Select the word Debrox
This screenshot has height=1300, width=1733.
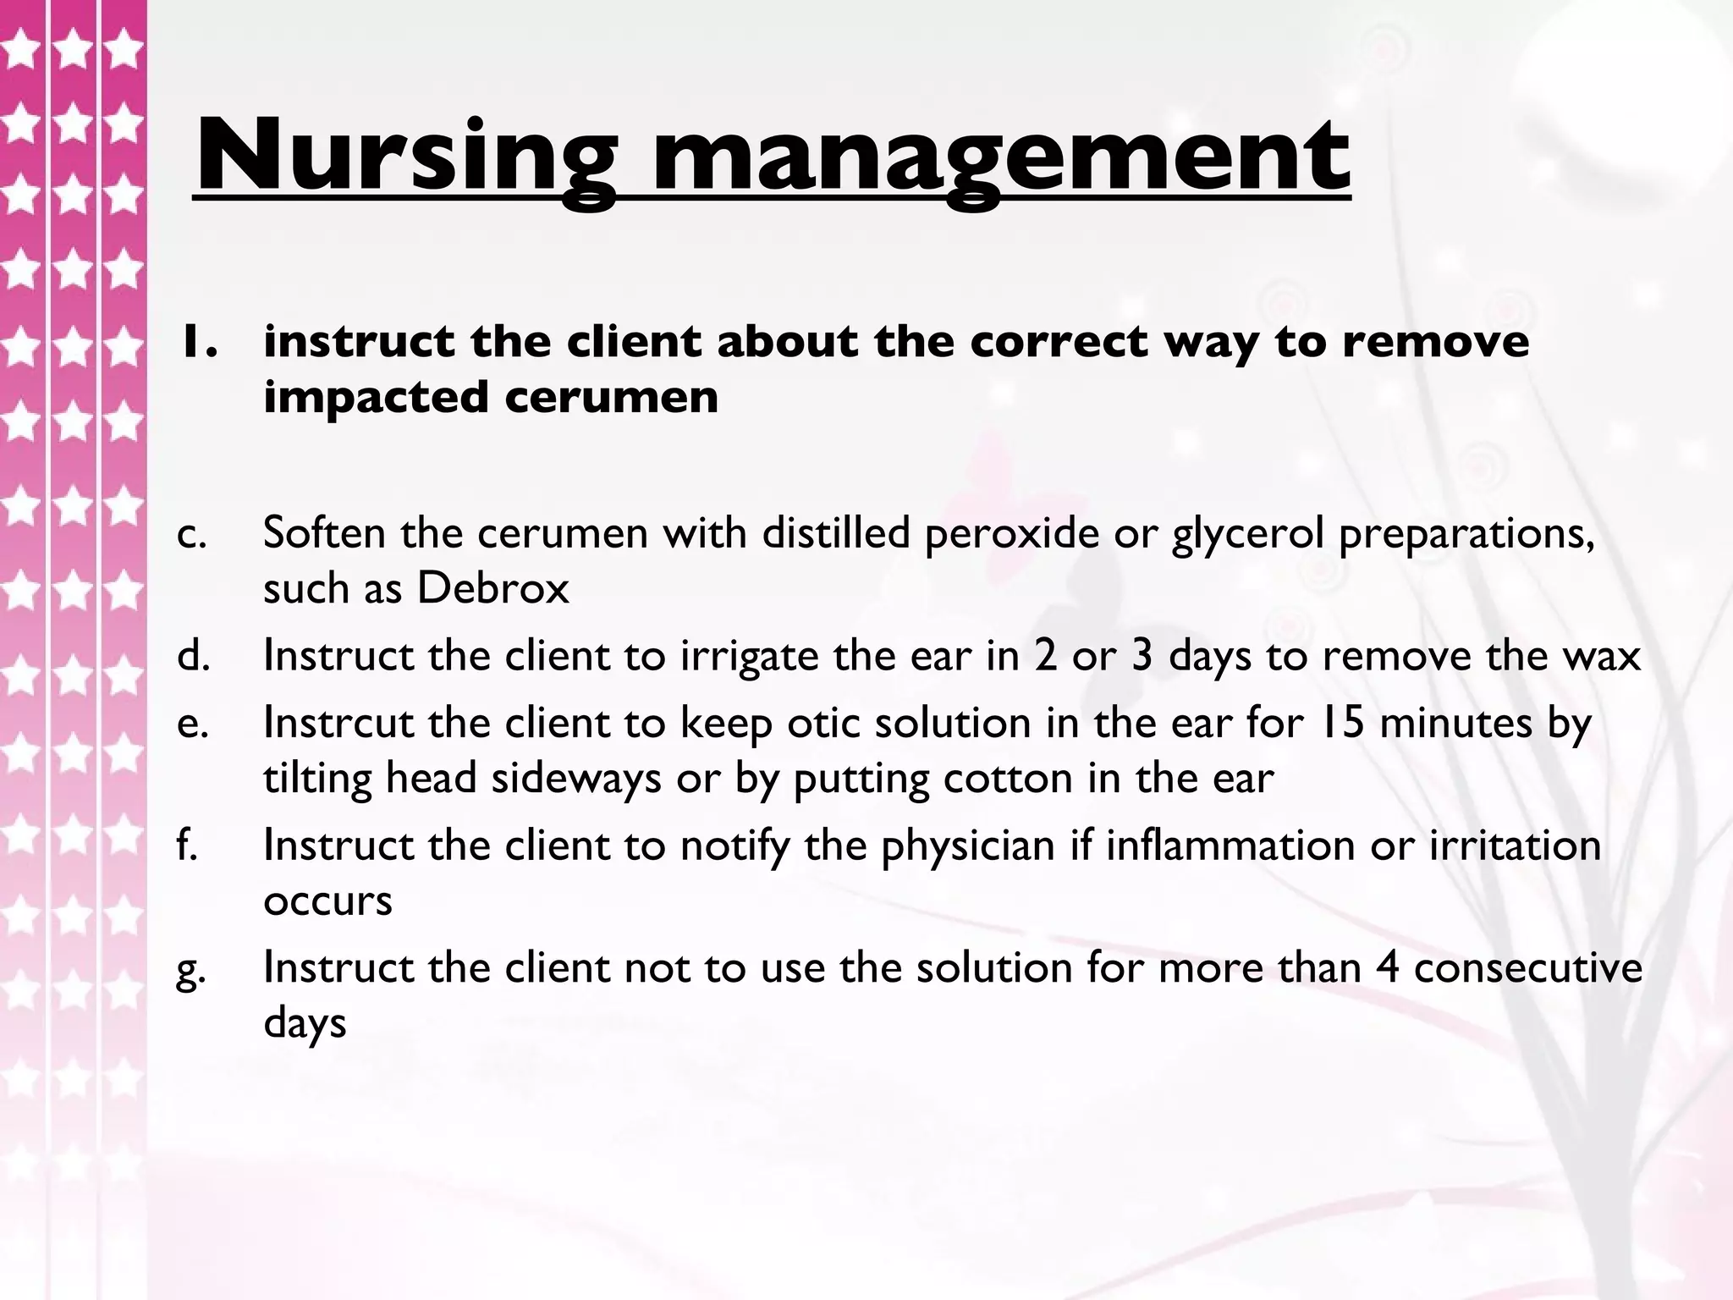click(492, 588)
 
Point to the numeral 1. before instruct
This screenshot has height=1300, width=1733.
click(197, 341)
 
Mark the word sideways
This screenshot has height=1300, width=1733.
click(576, 779)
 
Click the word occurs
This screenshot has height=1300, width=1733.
click(327, 901)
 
